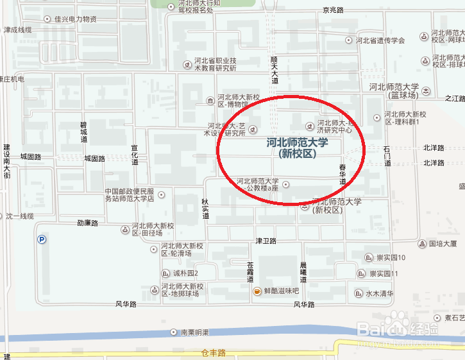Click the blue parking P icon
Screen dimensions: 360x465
click(42, 239)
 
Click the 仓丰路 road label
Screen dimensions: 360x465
click(214, 352)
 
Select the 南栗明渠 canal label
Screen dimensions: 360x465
click(195, 332)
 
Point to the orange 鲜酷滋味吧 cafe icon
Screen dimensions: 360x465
click(257, 291)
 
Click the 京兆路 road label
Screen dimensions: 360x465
click(334, 10)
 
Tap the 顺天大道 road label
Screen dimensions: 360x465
click(275, 69)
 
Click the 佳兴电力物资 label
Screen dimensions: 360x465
click(76, 19)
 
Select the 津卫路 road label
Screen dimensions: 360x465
click(266, 241)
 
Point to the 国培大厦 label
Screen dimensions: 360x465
click(443, 244)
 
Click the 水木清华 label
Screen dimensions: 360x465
click(379, 294)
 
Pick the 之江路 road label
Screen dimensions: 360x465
click(454, 99)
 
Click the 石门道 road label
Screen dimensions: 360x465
click(387, 156)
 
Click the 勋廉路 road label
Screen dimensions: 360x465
click(87, 223)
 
